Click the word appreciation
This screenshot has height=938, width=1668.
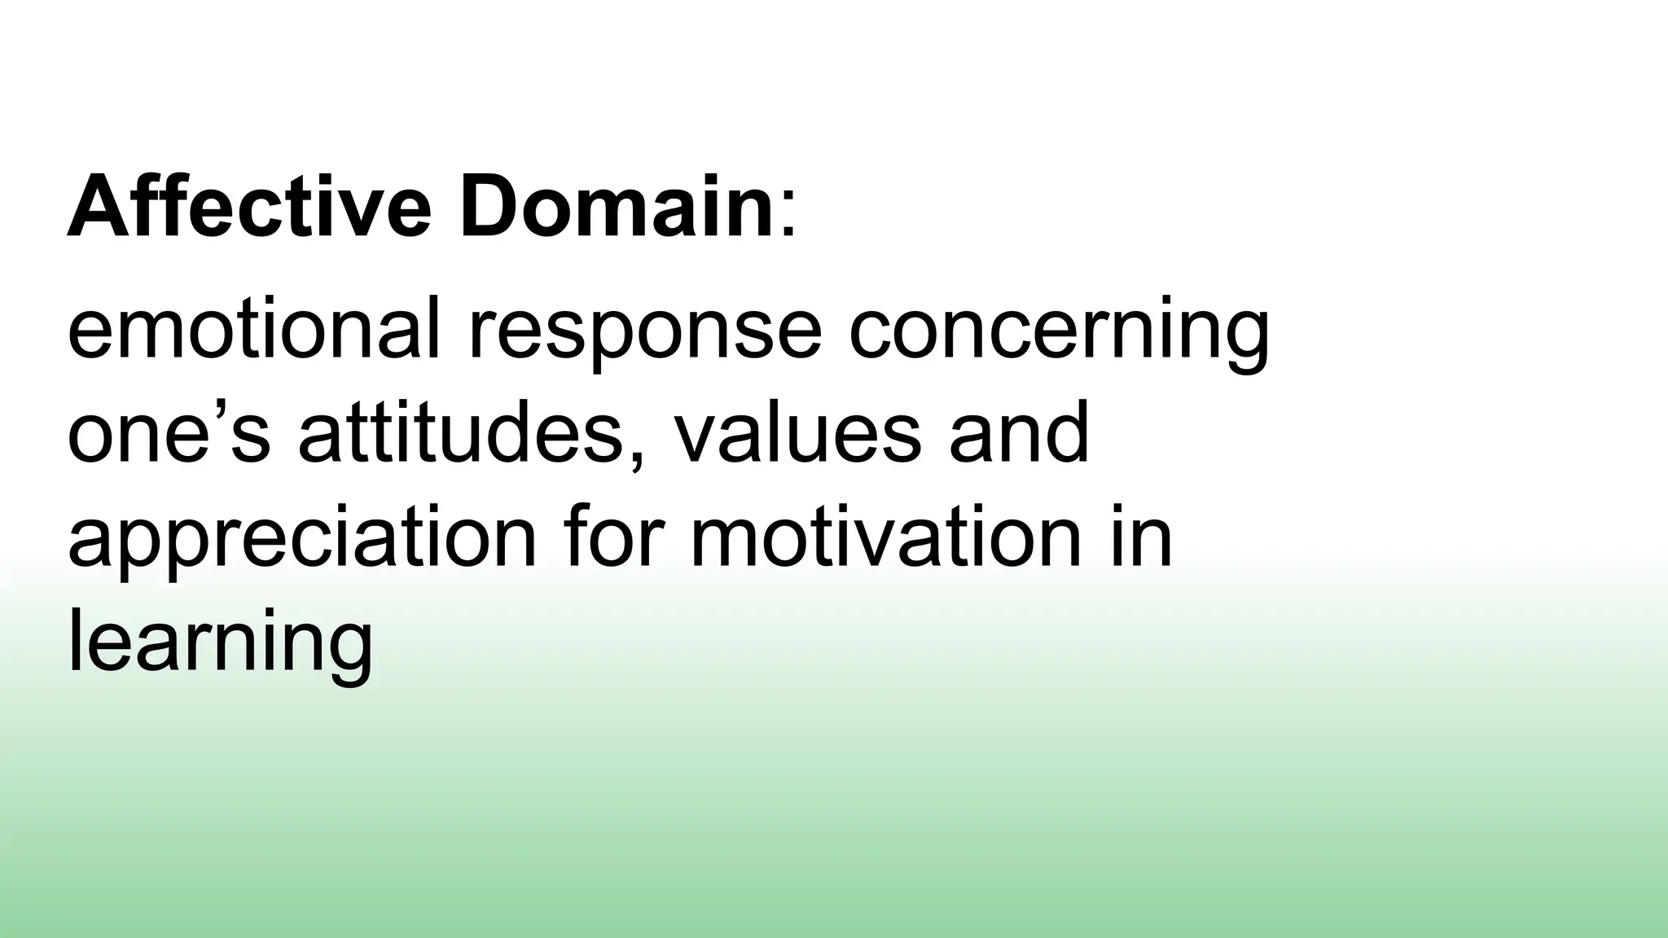[x=302, y=541]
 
